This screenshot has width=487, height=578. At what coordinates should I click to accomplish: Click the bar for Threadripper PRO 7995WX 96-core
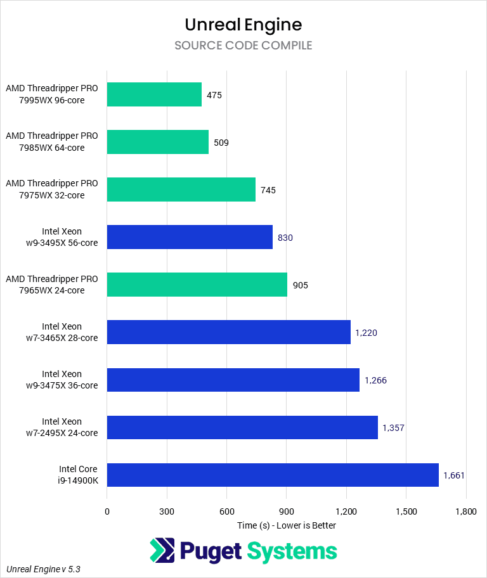coord(154,94)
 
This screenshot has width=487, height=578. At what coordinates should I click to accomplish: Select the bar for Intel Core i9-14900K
coord(273,475)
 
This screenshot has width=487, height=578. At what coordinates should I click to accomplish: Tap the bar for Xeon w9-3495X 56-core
coord(190,237)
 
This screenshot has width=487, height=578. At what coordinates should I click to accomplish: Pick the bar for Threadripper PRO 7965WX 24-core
coord(197,285)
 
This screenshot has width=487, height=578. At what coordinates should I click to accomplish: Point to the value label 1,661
coord(454,475)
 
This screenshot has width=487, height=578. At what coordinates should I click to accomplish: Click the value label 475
coord(214,95)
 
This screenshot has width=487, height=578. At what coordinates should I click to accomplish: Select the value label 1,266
coord(375,380)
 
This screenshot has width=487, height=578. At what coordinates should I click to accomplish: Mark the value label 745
coord(268,190)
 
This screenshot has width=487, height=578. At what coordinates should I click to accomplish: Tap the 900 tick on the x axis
coord(287,511)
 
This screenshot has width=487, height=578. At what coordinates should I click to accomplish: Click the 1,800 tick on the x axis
coord(466,511)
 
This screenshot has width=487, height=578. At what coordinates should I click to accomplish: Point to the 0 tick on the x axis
coord(107,511)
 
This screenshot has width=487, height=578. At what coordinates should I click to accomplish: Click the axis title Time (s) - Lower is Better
coord(287,525)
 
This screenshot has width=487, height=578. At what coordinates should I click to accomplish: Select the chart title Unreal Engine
coord(243,25)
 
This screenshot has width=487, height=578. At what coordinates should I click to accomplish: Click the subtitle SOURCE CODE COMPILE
coord(243,46)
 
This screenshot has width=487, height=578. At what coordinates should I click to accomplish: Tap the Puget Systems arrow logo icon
coord(162,551)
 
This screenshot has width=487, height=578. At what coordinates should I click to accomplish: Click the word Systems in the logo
coord(292,551)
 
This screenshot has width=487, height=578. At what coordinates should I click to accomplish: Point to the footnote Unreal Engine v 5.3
coord(44,569)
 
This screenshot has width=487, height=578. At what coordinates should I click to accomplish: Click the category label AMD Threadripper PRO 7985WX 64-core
coord(52,142)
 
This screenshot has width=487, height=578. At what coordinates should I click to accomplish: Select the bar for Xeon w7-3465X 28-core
coord(228,332)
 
